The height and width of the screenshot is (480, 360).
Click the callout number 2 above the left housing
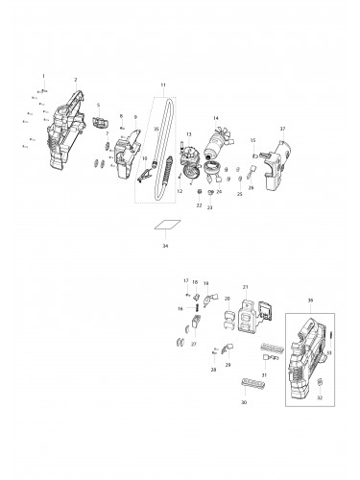click(x=42, y=74)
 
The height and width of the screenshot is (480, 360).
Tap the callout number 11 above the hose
click(x=163, y=86)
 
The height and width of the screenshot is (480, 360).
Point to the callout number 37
click(x=282, y=128)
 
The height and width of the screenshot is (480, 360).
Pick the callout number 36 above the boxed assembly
click(x=310, y=300)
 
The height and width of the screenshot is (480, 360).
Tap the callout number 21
click(x=246, y=286)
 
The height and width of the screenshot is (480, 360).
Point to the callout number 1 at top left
click(x=42, y=74)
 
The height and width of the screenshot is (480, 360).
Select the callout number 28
click(x=214, y=369)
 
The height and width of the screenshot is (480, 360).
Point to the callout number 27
click(x=193, y=343)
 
